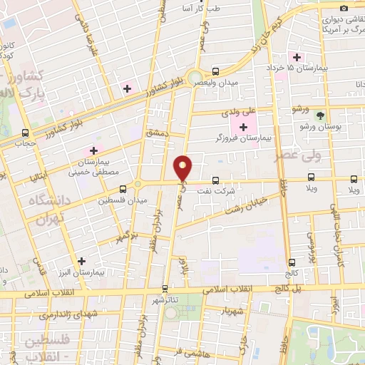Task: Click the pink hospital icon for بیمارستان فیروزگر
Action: click(x=244, y=128)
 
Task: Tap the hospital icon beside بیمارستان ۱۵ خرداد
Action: click(x=293, y=57)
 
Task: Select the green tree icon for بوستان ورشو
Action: click(x=320, y=114)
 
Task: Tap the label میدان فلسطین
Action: click(x=123, y=200)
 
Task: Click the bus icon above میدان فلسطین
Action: click(x=123, y=189)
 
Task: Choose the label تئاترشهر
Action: click(x=165, y=300)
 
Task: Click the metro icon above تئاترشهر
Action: click(x=165, y=289)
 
